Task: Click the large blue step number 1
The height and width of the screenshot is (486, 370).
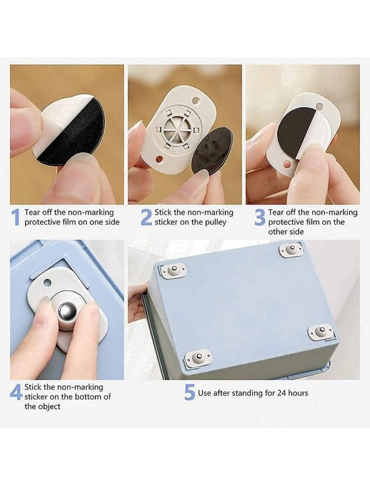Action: [15, 217]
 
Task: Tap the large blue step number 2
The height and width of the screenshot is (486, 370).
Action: [146, 217]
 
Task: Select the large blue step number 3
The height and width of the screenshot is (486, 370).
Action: [260, 217]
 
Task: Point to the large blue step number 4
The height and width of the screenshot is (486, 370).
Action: [16, 392]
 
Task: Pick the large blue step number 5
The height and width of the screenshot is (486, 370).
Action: [190, 392]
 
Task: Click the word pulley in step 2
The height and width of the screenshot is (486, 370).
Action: [215, 222]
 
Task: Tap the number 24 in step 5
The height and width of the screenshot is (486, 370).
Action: [281, 393]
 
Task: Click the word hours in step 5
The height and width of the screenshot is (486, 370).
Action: [298, 393]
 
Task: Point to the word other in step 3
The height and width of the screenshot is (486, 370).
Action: [277, 232]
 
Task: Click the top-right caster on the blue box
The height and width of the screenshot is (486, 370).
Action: [291, 250]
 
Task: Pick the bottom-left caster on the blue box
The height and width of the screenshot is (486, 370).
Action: [198, 359]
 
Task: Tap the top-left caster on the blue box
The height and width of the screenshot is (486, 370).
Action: [173, 270]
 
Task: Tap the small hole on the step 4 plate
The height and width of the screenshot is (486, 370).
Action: [47, 282]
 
